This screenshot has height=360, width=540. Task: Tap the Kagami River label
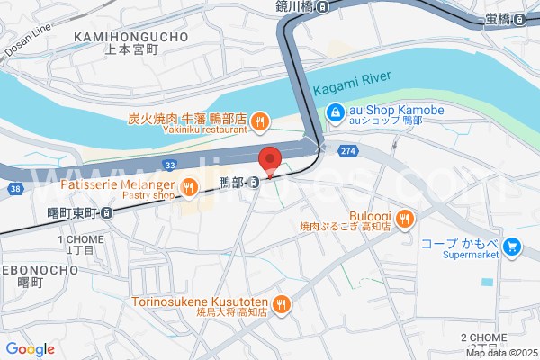pos(351,88)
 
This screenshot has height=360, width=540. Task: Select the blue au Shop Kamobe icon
pos(335,112)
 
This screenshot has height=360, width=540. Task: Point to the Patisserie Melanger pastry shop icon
pos(189,187)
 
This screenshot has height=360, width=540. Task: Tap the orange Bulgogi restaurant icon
pos(406,217)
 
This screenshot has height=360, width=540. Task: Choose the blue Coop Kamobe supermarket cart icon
pos(512,245)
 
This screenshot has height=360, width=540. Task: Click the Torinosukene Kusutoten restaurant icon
pos(283,303)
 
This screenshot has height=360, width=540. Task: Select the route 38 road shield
pos(14,189)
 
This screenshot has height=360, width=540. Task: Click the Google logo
pos(30,349)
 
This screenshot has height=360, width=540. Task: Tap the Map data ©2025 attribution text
pos(501,354)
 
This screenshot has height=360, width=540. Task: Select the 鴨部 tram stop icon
pos(256,183)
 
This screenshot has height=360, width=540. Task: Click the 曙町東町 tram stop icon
pos(106,213)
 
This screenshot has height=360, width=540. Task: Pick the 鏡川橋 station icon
pos(322,6)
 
